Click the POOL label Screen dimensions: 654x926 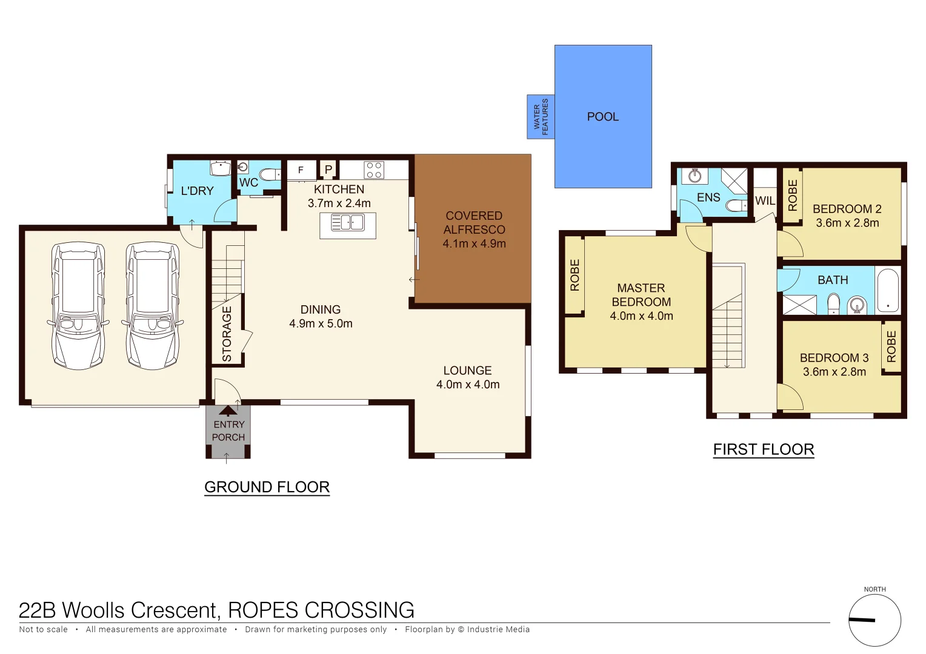[602, 117]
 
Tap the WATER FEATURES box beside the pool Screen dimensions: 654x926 [541, 117]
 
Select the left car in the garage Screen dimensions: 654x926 [78, 306]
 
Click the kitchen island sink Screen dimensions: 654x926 [348, 223]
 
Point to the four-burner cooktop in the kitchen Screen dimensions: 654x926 [374, 170]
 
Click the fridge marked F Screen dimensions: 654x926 [301, 170]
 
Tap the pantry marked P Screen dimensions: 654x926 [328, 170]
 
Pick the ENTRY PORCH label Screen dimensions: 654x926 [228, 431]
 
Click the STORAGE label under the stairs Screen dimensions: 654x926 [227, 334]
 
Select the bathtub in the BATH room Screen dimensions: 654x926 [888, 290]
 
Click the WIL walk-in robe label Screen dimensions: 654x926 [765, 201]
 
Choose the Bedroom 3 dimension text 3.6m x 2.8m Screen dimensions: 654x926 [834, 372]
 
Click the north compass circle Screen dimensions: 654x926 [874, 620]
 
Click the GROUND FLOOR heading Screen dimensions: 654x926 [267, 487]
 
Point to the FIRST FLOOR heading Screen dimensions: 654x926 [763, 449]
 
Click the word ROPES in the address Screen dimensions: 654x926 [263, 610]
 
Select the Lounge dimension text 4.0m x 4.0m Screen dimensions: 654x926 [468, 385]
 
